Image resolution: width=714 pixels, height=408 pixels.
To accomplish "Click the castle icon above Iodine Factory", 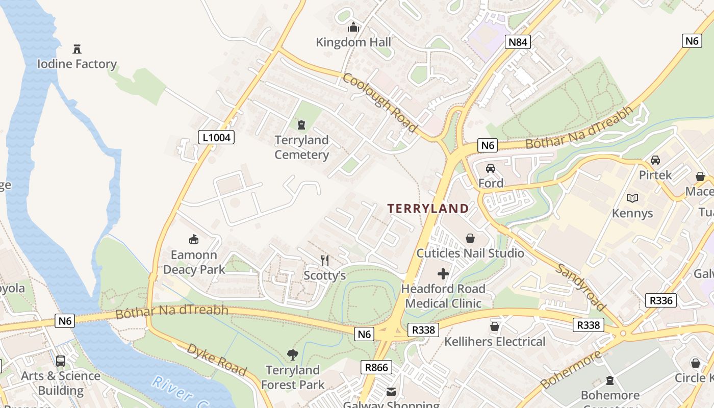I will pyautogui.click(x=77, y=49).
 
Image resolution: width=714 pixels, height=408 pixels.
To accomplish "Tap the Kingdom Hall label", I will pyautogui.click(x=353, y=42).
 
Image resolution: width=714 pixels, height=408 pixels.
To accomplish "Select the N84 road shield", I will pyautogui.click(x=518, y=42).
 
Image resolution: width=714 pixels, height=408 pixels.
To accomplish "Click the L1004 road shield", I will pyautogui.click(x=216, y=137).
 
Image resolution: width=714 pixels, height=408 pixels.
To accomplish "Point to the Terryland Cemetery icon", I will pyautogui.click(x=301, y=124).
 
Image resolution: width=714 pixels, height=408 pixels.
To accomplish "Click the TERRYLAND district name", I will pyautogui.click(x=428, y=208).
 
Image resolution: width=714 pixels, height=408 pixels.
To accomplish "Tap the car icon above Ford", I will pyautogui.click(x=491, y=168).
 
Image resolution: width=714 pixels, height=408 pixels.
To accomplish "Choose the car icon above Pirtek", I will pyautogui.click(x=655, y=160).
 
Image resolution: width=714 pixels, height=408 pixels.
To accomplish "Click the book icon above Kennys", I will pyautogui.click(x=632, y=198).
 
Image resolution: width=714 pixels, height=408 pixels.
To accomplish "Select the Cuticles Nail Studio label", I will pyautogui.click(x=470, y=253).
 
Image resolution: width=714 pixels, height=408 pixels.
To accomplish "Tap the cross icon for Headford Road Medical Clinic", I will pyautogui.click(x=443, y=274).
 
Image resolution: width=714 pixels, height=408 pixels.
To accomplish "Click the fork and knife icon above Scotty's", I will pyautogui.click(x=325, y=261).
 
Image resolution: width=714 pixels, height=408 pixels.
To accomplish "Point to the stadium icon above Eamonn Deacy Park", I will pyautogui.click(x=194, y=239).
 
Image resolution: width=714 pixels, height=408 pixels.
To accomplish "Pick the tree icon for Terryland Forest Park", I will pyautogui.click(x=293, y=354).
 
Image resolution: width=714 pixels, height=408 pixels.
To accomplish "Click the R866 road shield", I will pyautogui.click(x=377, y=367).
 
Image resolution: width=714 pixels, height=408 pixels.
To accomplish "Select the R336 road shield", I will pyautogui.click(x=661, y=300).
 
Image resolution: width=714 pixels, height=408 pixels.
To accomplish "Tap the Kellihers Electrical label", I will pyautogui.click(x=495, y=341).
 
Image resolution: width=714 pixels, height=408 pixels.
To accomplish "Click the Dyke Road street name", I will pyautogui.click(x=216, y=360).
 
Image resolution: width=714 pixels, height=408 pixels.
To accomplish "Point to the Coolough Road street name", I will pyautogui.click(x=380, y=103).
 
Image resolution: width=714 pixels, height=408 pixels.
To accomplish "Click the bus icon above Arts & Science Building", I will pyautogui.click(x=61, y=361).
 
